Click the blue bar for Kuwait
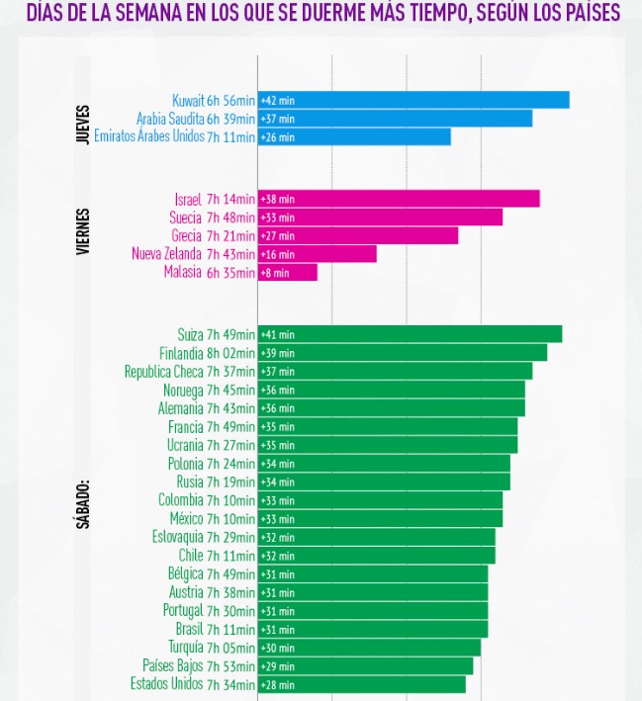pos(413,100)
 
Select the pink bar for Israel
pos(399,199)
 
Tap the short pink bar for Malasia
pos(288,272)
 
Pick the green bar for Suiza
pos(410,334)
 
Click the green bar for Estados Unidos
pos(362,684)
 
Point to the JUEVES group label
pos(83,125)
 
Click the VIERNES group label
pos(83,232)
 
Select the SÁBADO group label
pos(83,504)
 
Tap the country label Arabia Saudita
pos(171,119)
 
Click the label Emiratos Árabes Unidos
pos(149,136)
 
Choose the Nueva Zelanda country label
pos(167,254)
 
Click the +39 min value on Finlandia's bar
pos(277,353)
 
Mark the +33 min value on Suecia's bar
pos(277,218)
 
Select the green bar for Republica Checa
pos(395,371)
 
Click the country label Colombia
pos(181,500)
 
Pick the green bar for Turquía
pos(369,648)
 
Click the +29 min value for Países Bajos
pos(277,666)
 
